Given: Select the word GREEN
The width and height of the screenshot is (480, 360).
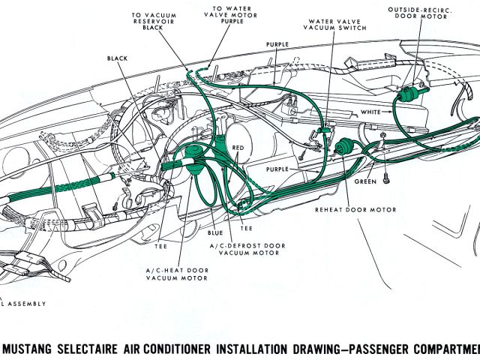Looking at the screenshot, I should coord(365,181).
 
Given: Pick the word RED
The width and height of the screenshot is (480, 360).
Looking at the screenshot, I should coord(238,148).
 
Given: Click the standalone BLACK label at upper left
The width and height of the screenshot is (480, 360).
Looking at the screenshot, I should coord(118,58).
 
